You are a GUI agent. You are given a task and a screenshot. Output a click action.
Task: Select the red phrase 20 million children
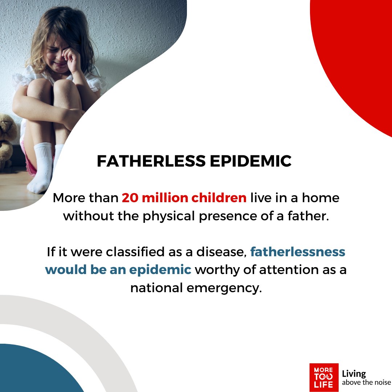[184, 198]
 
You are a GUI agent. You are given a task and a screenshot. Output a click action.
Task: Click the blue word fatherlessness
[298, 252]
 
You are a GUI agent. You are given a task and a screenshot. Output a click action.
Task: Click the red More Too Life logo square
[324, 377]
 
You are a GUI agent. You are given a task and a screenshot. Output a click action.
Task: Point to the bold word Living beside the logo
[354, 373]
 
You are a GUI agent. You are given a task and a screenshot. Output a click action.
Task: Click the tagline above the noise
[366, 383]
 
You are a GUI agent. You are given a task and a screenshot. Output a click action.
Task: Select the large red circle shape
[359, 54]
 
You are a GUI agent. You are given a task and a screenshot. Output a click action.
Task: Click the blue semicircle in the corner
[33, 370]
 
